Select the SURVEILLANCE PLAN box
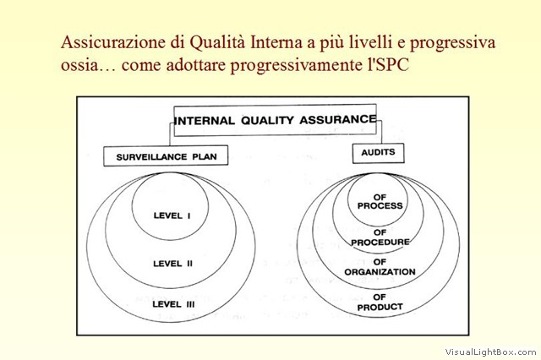(x=166, y=155)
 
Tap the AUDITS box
(x=378, y=153)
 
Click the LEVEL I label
(x=172, y=215)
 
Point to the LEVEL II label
(x=172, y=264)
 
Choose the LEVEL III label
(x=173, y=304)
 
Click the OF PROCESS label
(x=380, y=201)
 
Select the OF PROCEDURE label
(x=380, y=237)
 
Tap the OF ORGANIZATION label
(x=380, y=267)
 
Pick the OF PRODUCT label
(x=380, y=302)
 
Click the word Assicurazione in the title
(x=113, y=42)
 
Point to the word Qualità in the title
(x=217, y=42)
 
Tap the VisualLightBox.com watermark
(x=490, y=352)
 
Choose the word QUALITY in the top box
(x=267, y=120)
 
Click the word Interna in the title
(x=273, y=42)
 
